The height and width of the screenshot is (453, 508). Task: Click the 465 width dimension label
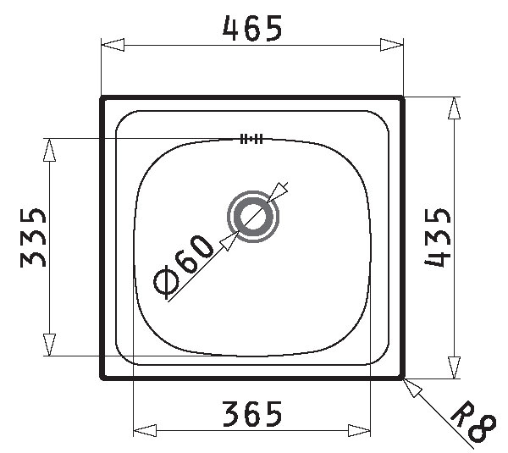[x=252, y=28]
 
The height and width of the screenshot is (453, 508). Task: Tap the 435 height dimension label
[x=438, y=237]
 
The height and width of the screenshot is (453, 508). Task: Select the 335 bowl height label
[x=33, y=238]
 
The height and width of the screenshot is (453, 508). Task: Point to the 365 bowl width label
[x=252, y=414]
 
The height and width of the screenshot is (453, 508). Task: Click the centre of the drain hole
[x=253, y=217]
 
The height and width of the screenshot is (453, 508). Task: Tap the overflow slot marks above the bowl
[x=251, y=139]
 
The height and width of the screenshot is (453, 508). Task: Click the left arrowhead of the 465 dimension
[x=113, y=45]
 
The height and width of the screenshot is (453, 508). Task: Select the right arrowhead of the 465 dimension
[x=392, y=45]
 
